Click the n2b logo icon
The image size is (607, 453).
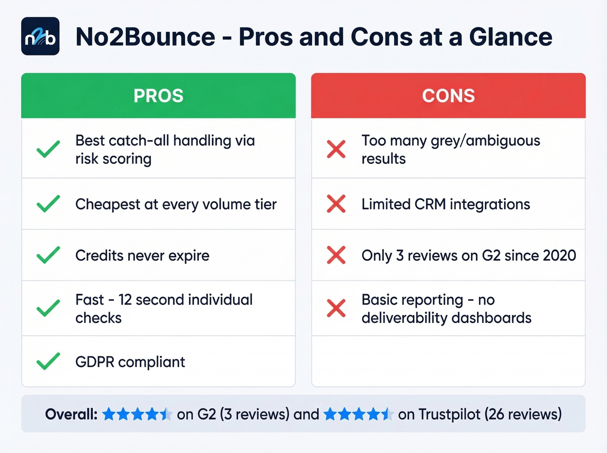pyautogui.click(x=40, y=36)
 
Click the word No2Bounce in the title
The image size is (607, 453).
pyautogui.click(x=145, y=37)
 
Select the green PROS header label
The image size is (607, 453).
pyautogui.click(x=159, y=96)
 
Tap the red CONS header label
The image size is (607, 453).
pyautogui.click(x=448, y=96)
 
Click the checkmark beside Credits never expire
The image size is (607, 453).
pyautogui.click(x=48, y=255)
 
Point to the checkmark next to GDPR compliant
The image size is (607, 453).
pyautogui.click(x=48, y=362)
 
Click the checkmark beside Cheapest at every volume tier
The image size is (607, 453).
pyautogui.click(x=48, y=204)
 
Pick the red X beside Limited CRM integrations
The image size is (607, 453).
pyautogui.click(x=336, y=204)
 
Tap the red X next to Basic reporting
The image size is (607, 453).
pyautogui.click(x=336, y=308)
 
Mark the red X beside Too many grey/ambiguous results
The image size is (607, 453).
pyautogui.click(x=336, y=149)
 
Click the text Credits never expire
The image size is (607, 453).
pyautogui.click(x=142, y=256)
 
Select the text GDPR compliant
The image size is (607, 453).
pyautogui.click(x=130, y=362)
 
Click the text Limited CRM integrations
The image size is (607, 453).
pyautogui.click(x=446, y=204)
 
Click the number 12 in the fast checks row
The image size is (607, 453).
pyautogui.click(x=125, y=300)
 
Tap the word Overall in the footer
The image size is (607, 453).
pyautogui.click(x=71, y=414)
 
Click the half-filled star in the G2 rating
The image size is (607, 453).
pyautogui.click(x=166, y=414)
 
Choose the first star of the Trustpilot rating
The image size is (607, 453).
pyautogui.click(x=330, y=414)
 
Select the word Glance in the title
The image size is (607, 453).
pyautogui.click(x=510, y=37)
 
